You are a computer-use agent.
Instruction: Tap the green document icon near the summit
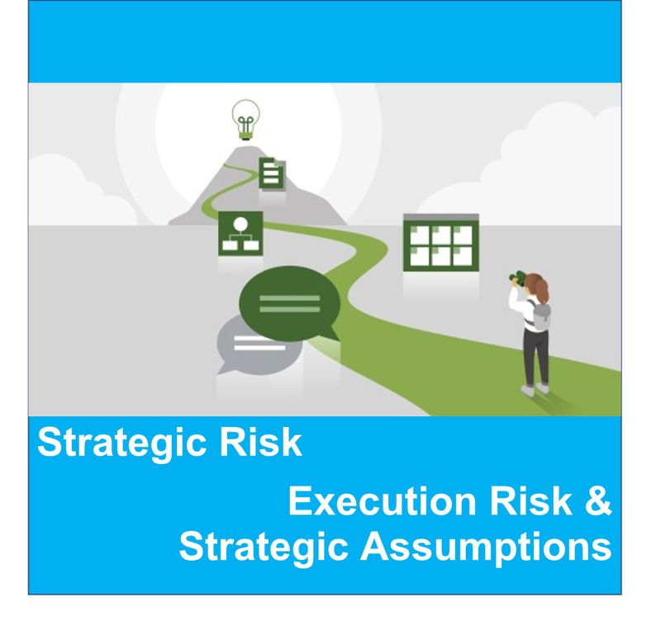(x=273, y=173)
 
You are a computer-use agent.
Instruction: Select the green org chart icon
(x=240, y=233)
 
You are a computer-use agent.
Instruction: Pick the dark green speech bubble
(x=289, y=304)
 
